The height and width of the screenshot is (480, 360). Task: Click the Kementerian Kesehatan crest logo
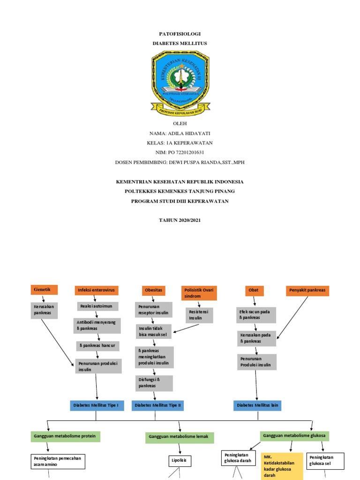click(x=180, y=83)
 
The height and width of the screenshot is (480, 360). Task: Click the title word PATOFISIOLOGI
click(x=180, y=34)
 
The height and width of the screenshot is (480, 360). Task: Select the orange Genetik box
click(x=44, y=289)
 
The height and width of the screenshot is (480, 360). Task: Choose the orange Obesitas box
click(x=153, y=291)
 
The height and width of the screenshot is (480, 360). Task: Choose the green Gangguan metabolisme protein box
click(x=66, y=436)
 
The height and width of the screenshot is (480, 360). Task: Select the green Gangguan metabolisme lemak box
click(x=180, y=438)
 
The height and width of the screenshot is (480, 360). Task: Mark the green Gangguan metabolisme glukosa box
click(x=295, y=436)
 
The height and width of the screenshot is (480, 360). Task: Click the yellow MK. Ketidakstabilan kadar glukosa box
click(x=281, y=465)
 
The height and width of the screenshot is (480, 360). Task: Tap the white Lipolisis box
click(x=180, y=460)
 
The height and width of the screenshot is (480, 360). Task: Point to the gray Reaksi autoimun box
click(x=97, y=306)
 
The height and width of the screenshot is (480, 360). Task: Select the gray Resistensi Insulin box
click(x=199, y=315)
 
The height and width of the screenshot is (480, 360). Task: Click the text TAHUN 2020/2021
click(x=180, y=220)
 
